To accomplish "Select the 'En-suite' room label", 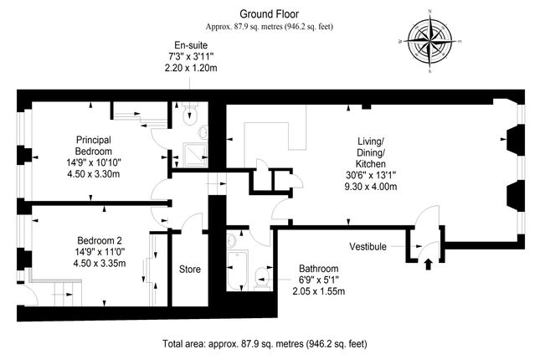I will pyautogui.click(x=191, y=44).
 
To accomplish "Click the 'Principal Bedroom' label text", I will pyautogui.click(x=94, y=145).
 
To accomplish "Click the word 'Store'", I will pyautogui.click(x=190, y=269).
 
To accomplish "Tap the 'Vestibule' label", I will pyautogui.click(x=368, y=247).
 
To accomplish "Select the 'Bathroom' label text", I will pyautogui.click(x=320, y=269).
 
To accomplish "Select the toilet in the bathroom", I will pyautogui.click(x=263, y=276).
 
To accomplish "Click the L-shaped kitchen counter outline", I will pyautogui.click(x=276, y=135).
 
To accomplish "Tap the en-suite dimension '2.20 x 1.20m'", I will pyautogui.click(x=191, y=69).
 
